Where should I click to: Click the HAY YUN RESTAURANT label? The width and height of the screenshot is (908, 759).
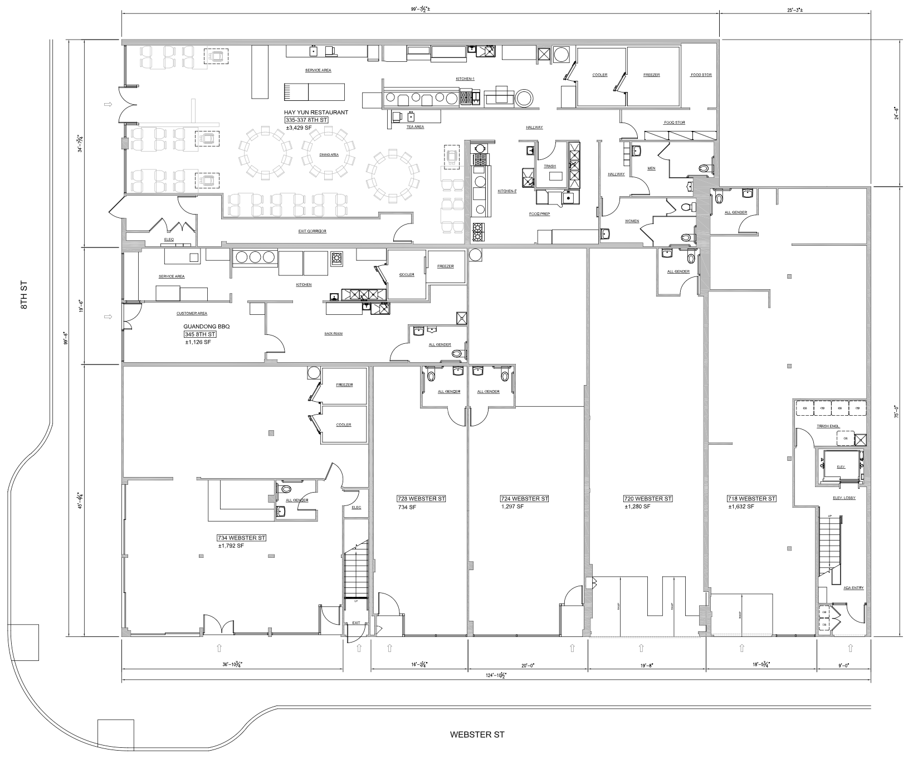point(316,113)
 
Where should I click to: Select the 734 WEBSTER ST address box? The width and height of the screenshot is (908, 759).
point(242,538)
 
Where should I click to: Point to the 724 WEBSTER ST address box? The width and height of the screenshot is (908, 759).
point(524,498)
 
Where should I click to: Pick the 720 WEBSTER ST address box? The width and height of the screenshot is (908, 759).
point(647,498)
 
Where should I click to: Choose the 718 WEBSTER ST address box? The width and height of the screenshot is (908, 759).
point(751,498)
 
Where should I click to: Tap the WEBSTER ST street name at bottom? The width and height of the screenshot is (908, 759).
point(477,734)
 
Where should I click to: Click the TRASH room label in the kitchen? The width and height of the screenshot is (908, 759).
point(550,166)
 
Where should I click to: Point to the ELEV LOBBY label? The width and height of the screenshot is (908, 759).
point(844,498)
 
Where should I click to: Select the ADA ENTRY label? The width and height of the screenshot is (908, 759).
point(853,587)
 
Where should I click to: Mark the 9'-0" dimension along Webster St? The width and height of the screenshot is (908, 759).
point(844,665)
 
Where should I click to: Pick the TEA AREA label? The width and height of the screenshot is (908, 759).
point(415,127)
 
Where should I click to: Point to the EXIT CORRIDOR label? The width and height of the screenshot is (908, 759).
point(313,231)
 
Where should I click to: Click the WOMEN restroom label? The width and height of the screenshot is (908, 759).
point(632,221)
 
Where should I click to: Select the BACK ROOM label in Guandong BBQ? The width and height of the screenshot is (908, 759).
point(333,334)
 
